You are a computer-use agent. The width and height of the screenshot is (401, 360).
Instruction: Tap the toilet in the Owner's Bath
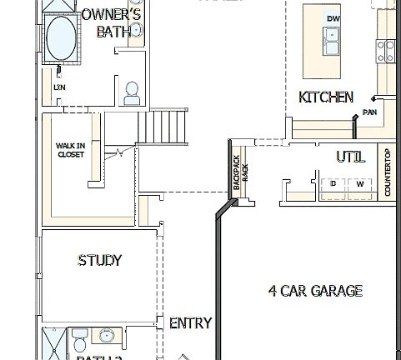131,93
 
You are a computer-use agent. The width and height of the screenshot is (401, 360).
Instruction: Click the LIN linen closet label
59,87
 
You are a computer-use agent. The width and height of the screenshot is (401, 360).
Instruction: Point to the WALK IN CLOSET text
70,150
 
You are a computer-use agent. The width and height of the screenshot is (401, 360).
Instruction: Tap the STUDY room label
100,260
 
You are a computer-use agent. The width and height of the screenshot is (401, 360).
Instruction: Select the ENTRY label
190,322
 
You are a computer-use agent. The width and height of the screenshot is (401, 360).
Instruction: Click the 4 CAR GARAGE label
315,290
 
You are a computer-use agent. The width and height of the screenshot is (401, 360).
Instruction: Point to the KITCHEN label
326,97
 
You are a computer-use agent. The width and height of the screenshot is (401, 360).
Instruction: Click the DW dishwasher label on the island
333,18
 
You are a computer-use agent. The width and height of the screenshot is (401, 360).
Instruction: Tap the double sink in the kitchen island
333,37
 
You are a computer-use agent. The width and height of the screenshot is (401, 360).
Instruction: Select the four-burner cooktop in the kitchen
386,51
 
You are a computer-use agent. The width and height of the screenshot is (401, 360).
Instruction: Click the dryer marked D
333,183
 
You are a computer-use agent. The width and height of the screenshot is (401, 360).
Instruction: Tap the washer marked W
359,183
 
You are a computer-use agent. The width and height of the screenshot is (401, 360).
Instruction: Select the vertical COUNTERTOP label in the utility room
388,172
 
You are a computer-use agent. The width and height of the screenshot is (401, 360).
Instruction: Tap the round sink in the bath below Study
105,336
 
